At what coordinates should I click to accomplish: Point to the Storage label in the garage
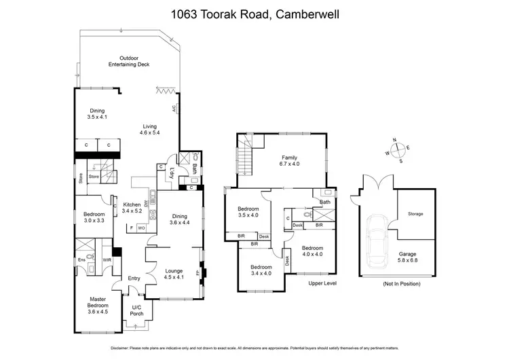click(415, 214)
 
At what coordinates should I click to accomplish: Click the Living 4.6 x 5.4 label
click(150, 129)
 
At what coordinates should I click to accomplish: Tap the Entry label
click(134, 278)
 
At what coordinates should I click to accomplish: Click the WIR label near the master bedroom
click(106, 259)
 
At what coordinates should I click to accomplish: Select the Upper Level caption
click(323, 283)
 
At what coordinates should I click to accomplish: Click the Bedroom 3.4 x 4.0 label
click(260, 270)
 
